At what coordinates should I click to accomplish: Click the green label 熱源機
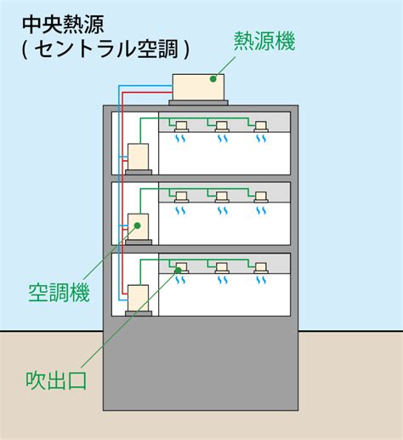(x=264, y=42)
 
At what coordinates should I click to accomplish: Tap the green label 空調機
(x=60, y=293)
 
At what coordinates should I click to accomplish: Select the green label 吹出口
(x=56, y=380)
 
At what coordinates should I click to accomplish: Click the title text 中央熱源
(x=63, y=25)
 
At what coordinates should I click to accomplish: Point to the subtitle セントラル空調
(x=106, y=49)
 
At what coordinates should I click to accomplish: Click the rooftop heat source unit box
(x=198, y=87)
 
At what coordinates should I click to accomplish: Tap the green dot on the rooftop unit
(x=213, y=79)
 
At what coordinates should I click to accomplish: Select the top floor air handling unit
(x=138, y=157)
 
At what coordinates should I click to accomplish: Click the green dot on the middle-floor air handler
(x=138, y=226)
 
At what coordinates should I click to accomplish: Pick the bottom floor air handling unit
(x=138, y=298)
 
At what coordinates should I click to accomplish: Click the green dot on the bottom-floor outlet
(x=178, y=271)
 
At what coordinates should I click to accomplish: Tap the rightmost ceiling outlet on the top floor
(x=261, y=127)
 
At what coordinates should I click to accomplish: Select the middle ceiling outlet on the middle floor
(x=222, y=197)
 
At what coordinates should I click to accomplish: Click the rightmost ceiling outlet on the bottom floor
(x=261, y=268)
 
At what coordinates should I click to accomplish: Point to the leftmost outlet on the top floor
(x=181, y=127)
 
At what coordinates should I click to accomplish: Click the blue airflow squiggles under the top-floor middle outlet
(x=223, y=139)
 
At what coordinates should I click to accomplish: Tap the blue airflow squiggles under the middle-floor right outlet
(x=261, y=210)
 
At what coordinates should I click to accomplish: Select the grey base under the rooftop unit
(x=198, y=102)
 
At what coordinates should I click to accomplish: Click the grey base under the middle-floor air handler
(x=139, y=243)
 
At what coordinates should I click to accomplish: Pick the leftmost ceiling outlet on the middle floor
(x=181, y=197)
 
